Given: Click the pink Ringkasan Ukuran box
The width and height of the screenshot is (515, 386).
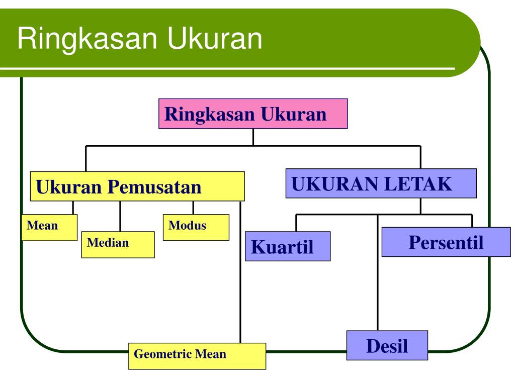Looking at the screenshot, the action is (253, 114).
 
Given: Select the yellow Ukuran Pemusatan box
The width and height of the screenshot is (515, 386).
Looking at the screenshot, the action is (137, 186).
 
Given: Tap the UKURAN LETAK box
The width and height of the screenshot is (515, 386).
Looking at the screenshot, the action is (381, 183).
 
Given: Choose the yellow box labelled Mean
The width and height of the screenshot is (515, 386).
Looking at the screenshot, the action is (49, 228).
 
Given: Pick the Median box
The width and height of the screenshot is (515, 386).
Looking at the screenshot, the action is (118, 245).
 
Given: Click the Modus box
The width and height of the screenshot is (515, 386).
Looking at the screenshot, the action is (196, 227).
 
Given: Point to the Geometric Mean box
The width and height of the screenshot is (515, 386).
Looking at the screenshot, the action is (197, 356).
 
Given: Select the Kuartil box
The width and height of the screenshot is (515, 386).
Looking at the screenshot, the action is (288, 246).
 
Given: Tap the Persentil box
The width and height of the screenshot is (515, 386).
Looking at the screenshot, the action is (446, 242).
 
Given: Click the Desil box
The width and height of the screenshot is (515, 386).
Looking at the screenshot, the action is (387, 345).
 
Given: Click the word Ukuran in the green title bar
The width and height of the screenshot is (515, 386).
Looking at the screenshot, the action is (214, 38).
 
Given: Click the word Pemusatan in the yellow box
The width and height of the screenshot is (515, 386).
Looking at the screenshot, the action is (154, 187).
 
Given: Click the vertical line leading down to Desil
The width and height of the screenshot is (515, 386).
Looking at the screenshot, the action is (378, 272).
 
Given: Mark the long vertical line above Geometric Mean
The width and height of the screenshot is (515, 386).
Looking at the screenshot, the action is (240, 272).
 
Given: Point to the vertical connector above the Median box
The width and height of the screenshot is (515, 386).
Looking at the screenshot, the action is (120, 216).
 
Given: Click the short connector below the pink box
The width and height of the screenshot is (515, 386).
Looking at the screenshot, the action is (253, 137).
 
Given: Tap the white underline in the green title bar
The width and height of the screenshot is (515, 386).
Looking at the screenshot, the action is (227, 68).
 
